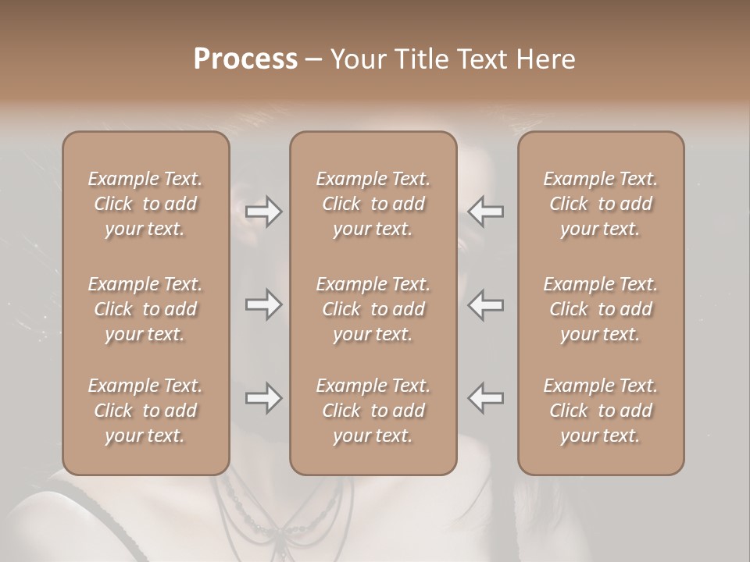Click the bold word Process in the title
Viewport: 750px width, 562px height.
coord(245,59)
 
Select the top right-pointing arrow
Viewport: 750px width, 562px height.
coord(263,212)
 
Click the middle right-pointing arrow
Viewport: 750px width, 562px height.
coord(263,304)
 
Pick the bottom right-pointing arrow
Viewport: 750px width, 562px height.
coord(263,398)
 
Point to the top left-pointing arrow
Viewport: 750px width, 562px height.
coord(486,212)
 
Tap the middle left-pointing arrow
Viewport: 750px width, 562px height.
coord(486,304)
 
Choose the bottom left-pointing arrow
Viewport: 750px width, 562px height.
coord(486,398)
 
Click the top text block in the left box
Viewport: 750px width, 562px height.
coord(145,204)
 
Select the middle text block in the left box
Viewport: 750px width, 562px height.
coord(145,309)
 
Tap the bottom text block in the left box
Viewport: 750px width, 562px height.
coord(145,411)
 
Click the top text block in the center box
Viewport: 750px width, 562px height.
coord(373,204)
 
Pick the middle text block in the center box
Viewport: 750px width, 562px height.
coord(373,309)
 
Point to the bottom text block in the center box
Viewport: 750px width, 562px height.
coord(373,411)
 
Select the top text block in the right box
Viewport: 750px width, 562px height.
coord(600,204)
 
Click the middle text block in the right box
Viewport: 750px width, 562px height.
coord(600,309)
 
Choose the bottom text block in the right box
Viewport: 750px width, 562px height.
coord(600,411)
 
